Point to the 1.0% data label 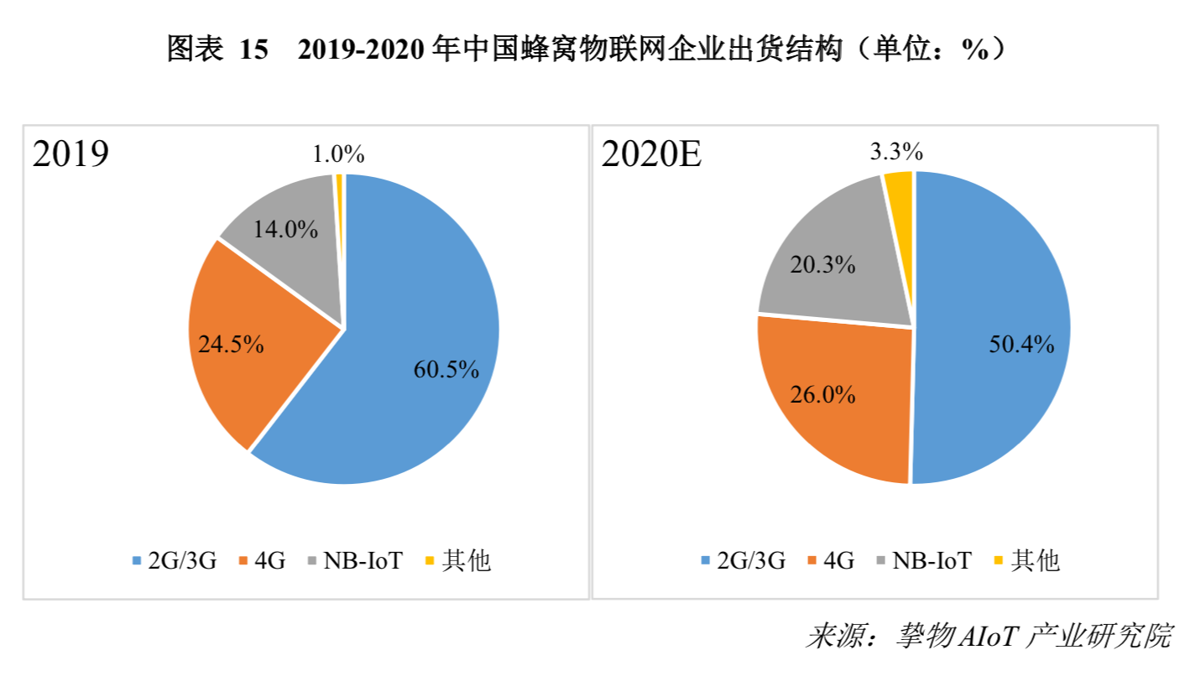click(337, 154)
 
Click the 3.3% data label click(896, 152)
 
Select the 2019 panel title click(70, 154)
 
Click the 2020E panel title click(651, 154)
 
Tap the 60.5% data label click(446, 369)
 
